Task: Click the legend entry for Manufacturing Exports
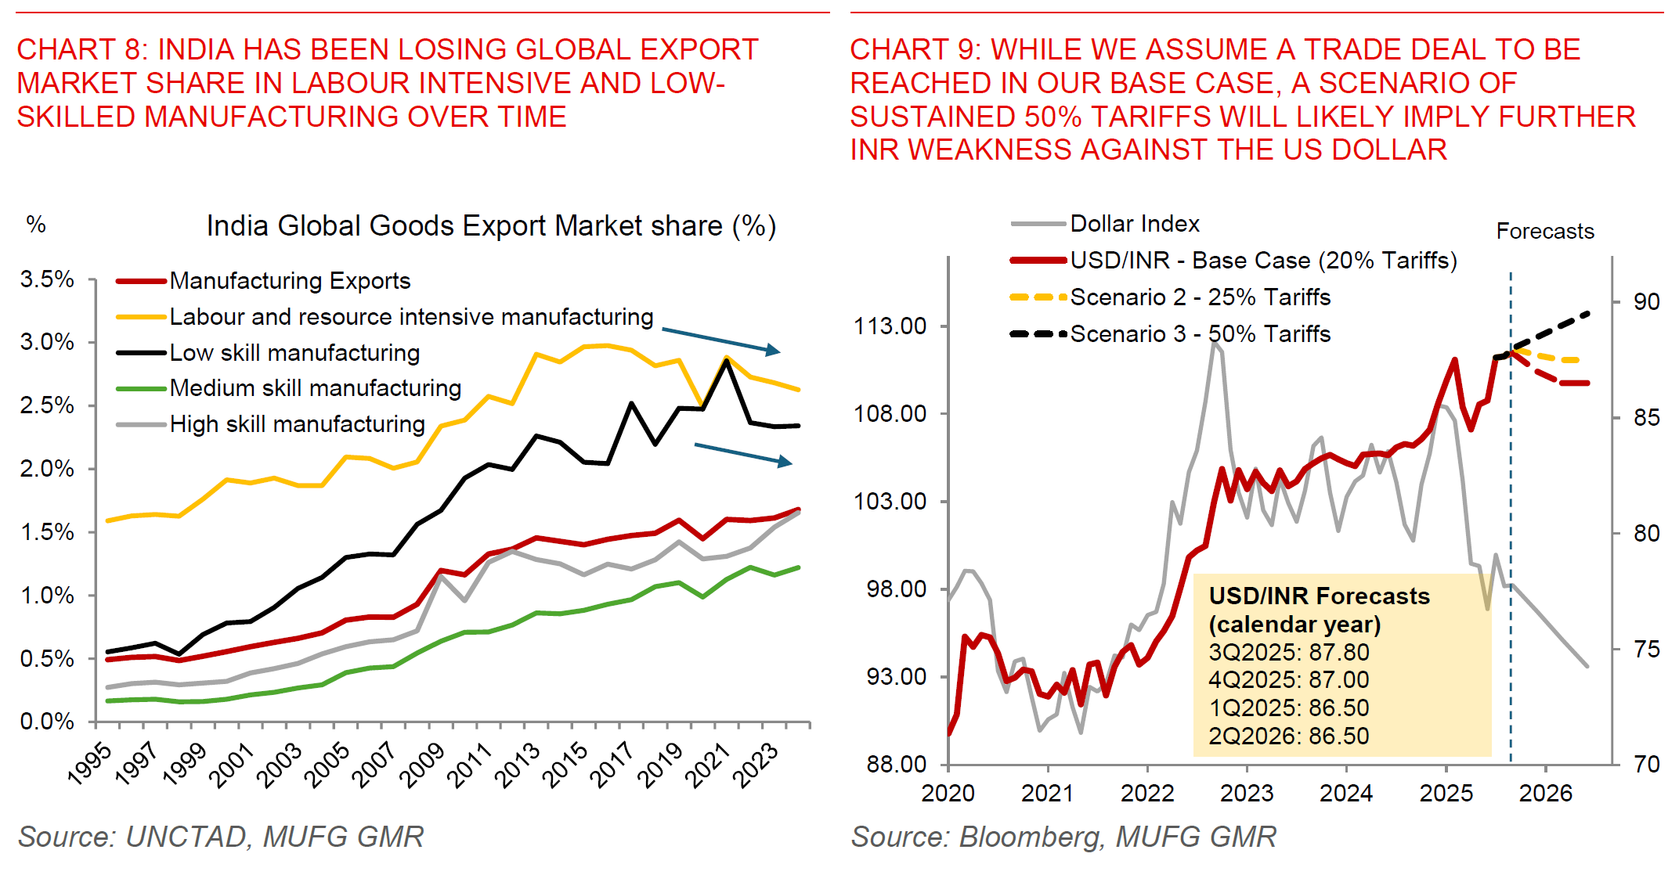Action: click(290, 280)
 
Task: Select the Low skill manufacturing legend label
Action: click(294, 353)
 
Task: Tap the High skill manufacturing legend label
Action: click(297, 424)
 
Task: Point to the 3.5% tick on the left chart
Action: click(47, 279)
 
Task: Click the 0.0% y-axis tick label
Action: click(47, 721)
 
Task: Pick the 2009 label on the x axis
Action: click(422, 765)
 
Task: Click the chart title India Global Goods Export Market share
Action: click(491, 226)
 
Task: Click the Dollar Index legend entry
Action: click(1134, 224)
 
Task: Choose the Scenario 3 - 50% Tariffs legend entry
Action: click(1200, 334)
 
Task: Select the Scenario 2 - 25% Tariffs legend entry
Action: click(1200, 297)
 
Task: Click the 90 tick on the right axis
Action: click(1646, 301)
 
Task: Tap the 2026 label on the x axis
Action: click(1545, 793)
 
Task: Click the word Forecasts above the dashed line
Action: click(1544, 232)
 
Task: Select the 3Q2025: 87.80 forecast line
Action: click(1288, 652)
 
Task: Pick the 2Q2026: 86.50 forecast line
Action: click(1288, 736)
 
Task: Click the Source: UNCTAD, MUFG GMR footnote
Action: click(221, 837)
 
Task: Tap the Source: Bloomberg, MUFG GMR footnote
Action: click(1063, 837)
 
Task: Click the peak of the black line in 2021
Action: click(727, 362)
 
